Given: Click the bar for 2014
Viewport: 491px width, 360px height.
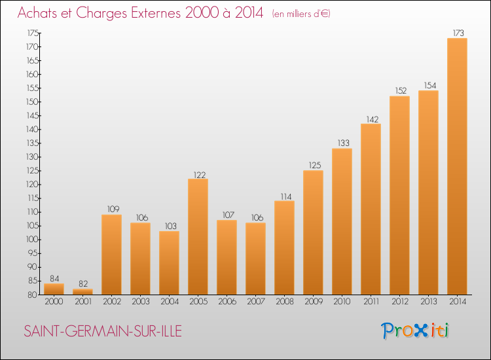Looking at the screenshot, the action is click(x=457, y=166).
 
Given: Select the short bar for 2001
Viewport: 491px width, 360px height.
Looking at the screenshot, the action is click(x=82, y=291).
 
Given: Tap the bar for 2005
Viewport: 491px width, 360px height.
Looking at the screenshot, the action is click(x=198, y=237).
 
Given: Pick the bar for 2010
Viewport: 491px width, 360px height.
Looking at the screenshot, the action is click(x=342, y=221).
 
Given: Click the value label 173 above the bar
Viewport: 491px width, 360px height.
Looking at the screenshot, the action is click(x=458, y=33).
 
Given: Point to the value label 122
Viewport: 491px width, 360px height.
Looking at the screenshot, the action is click(x=200, y=175).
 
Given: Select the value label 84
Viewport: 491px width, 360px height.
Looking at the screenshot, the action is click(x=54, y=278).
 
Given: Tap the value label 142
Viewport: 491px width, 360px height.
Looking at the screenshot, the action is click(x=373, y=119).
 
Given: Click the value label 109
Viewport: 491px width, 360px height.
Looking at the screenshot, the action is click(x=113, y=209).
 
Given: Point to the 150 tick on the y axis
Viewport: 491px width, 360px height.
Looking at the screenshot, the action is click(x=32, y=101).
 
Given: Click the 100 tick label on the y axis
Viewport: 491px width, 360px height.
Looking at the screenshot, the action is click(x=32, y=240).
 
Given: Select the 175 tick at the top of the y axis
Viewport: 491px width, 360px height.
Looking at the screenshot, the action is click(x=33, y=33).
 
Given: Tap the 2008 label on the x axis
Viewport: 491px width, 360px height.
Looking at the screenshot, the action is click(x=285, y=301).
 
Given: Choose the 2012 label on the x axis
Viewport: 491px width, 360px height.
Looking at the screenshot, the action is click(x=400, y=301).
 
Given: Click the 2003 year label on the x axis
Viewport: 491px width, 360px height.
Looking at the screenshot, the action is click(x=141, y=301).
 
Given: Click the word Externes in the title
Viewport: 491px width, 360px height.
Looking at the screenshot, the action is click(x=156, y=13).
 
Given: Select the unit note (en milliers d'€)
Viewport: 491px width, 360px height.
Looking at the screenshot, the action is click(x=301, y=14).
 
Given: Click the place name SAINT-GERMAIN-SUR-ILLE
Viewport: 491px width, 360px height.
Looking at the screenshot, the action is click(x=103, y=331).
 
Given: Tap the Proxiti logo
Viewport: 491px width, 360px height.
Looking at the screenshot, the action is click(x=415, y=331).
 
